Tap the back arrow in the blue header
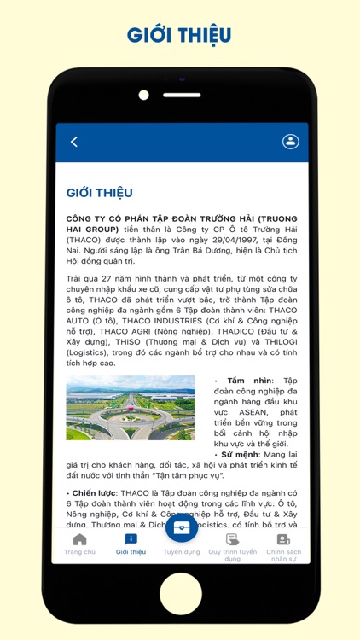tap(74, 142)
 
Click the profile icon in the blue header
tap(291, 142)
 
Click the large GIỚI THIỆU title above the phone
tap(179, 35)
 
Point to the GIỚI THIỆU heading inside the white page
tap(99, 193)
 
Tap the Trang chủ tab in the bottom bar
tap(79, 544)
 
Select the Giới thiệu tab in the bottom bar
tap(131, 544)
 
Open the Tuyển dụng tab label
tap(182, 551)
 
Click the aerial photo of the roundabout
tap(131, 408)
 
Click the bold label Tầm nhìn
tap(248, 380)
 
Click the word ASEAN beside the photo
tap(235, 411)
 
